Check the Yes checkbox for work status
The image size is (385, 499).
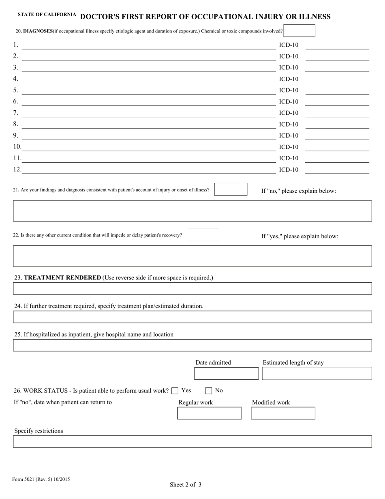point(175,391)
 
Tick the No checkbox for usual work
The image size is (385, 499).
point(209,391)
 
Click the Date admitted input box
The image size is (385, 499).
point(226,373)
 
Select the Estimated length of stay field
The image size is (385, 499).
point(317,373)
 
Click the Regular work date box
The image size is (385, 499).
point(209,413)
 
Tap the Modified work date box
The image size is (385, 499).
point(283,413)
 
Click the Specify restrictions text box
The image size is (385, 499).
point(192,441)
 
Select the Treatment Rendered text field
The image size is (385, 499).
point(192,288)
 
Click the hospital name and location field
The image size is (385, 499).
point(192,345)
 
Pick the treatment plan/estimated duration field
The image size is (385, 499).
point(192,317)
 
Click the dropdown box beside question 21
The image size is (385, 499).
point(230,189)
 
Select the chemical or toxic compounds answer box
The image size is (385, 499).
point(299,31)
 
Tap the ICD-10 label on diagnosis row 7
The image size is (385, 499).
point(289,113)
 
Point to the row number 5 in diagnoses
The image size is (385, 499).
point(15,90)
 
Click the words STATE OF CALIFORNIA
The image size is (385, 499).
point(47,15)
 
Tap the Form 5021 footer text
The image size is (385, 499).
point(41,480)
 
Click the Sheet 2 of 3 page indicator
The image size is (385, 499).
point(186,484)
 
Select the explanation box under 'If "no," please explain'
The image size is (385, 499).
point(192,211)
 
